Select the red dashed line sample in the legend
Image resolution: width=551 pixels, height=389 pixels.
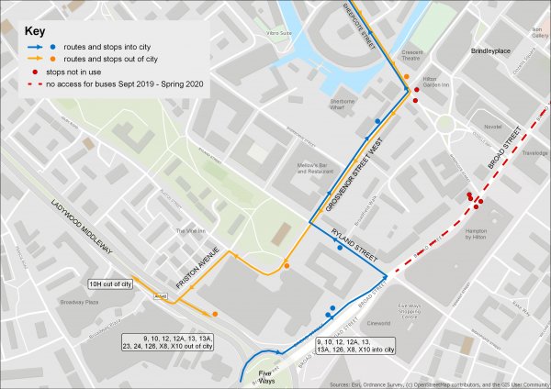38,84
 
